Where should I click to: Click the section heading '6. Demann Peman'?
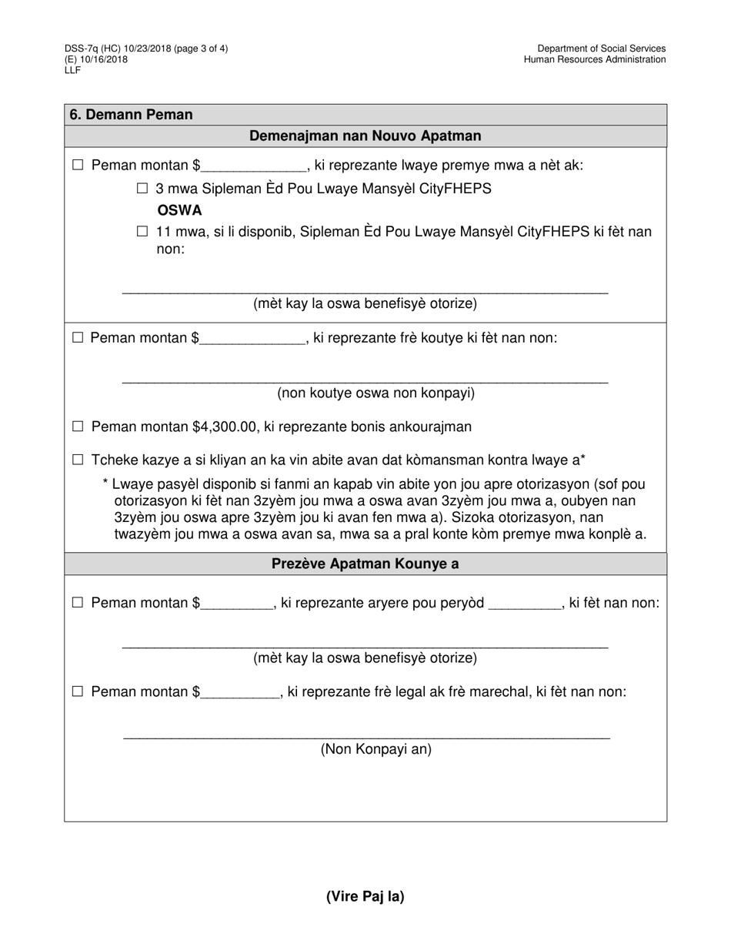tap(131, 115)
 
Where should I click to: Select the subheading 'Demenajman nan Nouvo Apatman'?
tap(365, 136)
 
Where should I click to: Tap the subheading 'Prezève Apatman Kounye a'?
tap(365, 564)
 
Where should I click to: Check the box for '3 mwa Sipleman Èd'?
tap(142, 189)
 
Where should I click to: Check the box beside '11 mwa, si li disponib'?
tap(142, 232)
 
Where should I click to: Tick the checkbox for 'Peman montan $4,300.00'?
tap(77, 427)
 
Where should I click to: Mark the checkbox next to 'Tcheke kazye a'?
tap(77, 460)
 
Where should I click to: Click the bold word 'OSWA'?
tap(179, 210)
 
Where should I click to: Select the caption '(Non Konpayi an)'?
tap(376, 749)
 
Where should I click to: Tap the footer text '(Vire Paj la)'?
tap(365, 896)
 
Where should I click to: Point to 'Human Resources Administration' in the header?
tap(595, 59)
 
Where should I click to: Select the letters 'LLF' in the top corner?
tap(72, 70)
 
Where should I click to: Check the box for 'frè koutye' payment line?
tap(77, 337)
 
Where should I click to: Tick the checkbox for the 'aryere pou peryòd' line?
tap(77, 603)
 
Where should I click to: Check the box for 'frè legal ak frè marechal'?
tap(77, 692)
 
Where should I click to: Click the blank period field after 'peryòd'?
tap(525, 604)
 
